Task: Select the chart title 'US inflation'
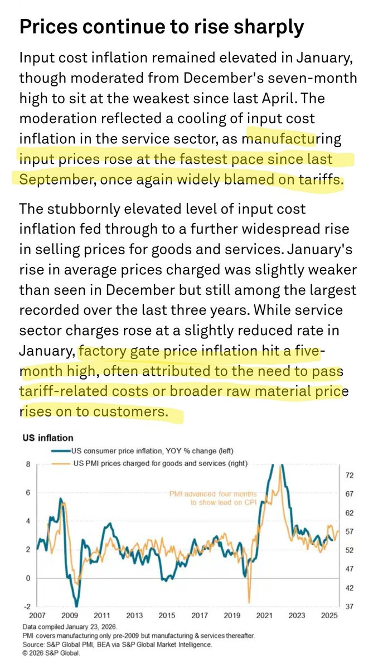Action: (x=48, y=438)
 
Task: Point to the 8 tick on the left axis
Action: (x=28, y=464)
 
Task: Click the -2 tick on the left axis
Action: (x=27, y=607)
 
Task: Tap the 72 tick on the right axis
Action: (x=350, y=476)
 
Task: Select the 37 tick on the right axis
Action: (x=350, y=607)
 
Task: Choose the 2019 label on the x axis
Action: (x=232, y=615)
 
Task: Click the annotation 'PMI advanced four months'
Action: (x=214, y=494)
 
